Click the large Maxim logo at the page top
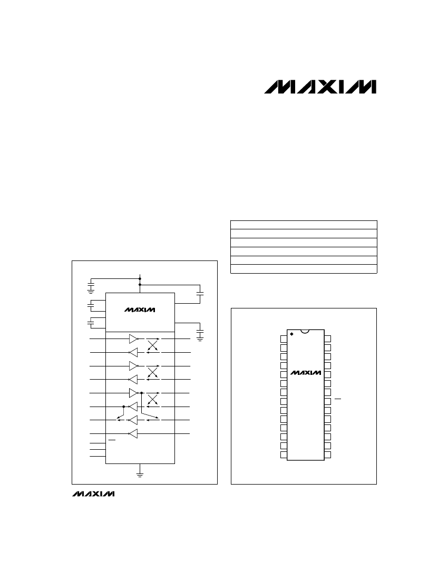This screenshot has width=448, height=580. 320,87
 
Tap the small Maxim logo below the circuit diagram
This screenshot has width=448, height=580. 93,494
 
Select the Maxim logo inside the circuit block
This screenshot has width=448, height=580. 140,310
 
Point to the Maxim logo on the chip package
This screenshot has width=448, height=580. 306,373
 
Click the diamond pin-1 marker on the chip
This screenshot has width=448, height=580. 291,334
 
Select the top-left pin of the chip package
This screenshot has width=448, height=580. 284,339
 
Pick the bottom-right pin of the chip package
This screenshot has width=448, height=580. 327,455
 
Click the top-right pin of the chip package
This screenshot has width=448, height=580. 327,339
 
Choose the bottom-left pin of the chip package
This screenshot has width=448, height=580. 284,455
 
